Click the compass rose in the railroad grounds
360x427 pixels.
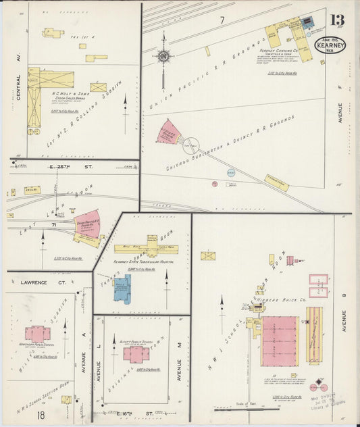pyautogui.click(x=163, y=56)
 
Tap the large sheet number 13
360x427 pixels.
pyautogui.click(x=337, y=22)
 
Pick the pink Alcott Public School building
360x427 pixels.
pyautogui.click(x=136, y=354)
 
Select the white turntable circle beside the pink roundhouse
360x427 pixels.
pyautogui.click(x=192, y=144)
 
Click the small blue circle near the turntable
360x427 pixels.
pyautogui.click(x=230, y=173)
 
